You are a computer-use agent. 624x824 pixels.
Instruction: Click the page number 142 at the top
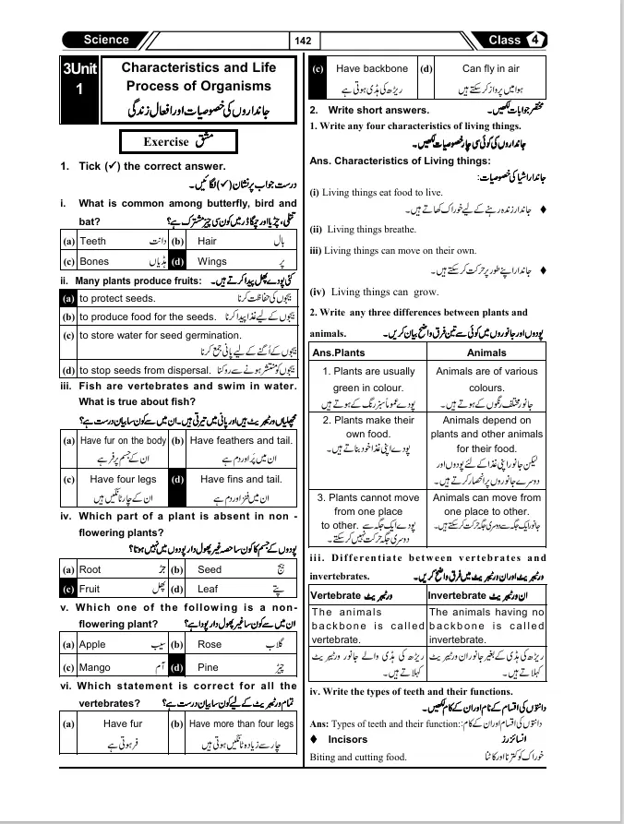(303, 42)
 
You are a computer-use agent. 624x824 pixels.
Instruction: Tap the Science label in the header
(106, 41)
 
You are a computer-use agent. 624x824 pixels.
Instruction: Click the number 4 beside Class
(536, 41)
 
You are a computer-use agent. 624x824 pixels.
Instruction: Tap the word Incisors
(347, 740)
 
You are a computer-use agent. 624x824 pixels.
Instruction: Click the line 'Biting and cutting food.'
(358, 758)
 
